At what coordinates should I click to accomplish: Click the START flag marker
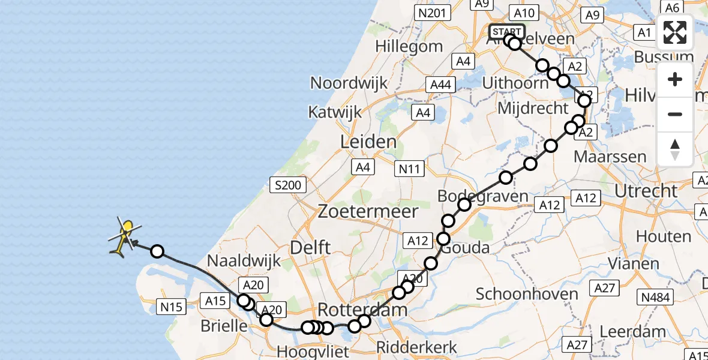(507, 32)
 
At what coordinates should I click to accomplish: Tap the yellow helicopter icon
(124, 237)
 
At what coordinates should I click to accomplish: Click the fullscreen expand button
(675, 32)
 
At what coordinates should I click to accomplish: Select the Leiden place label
(368, 142)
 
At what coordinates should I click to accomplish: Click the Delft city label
(310, 247)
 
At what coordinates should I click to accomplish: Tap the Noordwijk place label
(349, 83)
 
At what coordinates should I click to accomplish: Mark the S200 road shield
(289, 185)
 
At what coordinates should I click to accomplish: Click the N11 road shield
(409, 170)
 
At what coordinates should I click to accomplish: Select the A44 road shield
(440, 85)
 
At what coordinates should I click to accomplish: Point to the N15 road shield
(171, 308)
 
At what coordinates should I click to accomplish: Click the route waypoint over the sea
(157, 251)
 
